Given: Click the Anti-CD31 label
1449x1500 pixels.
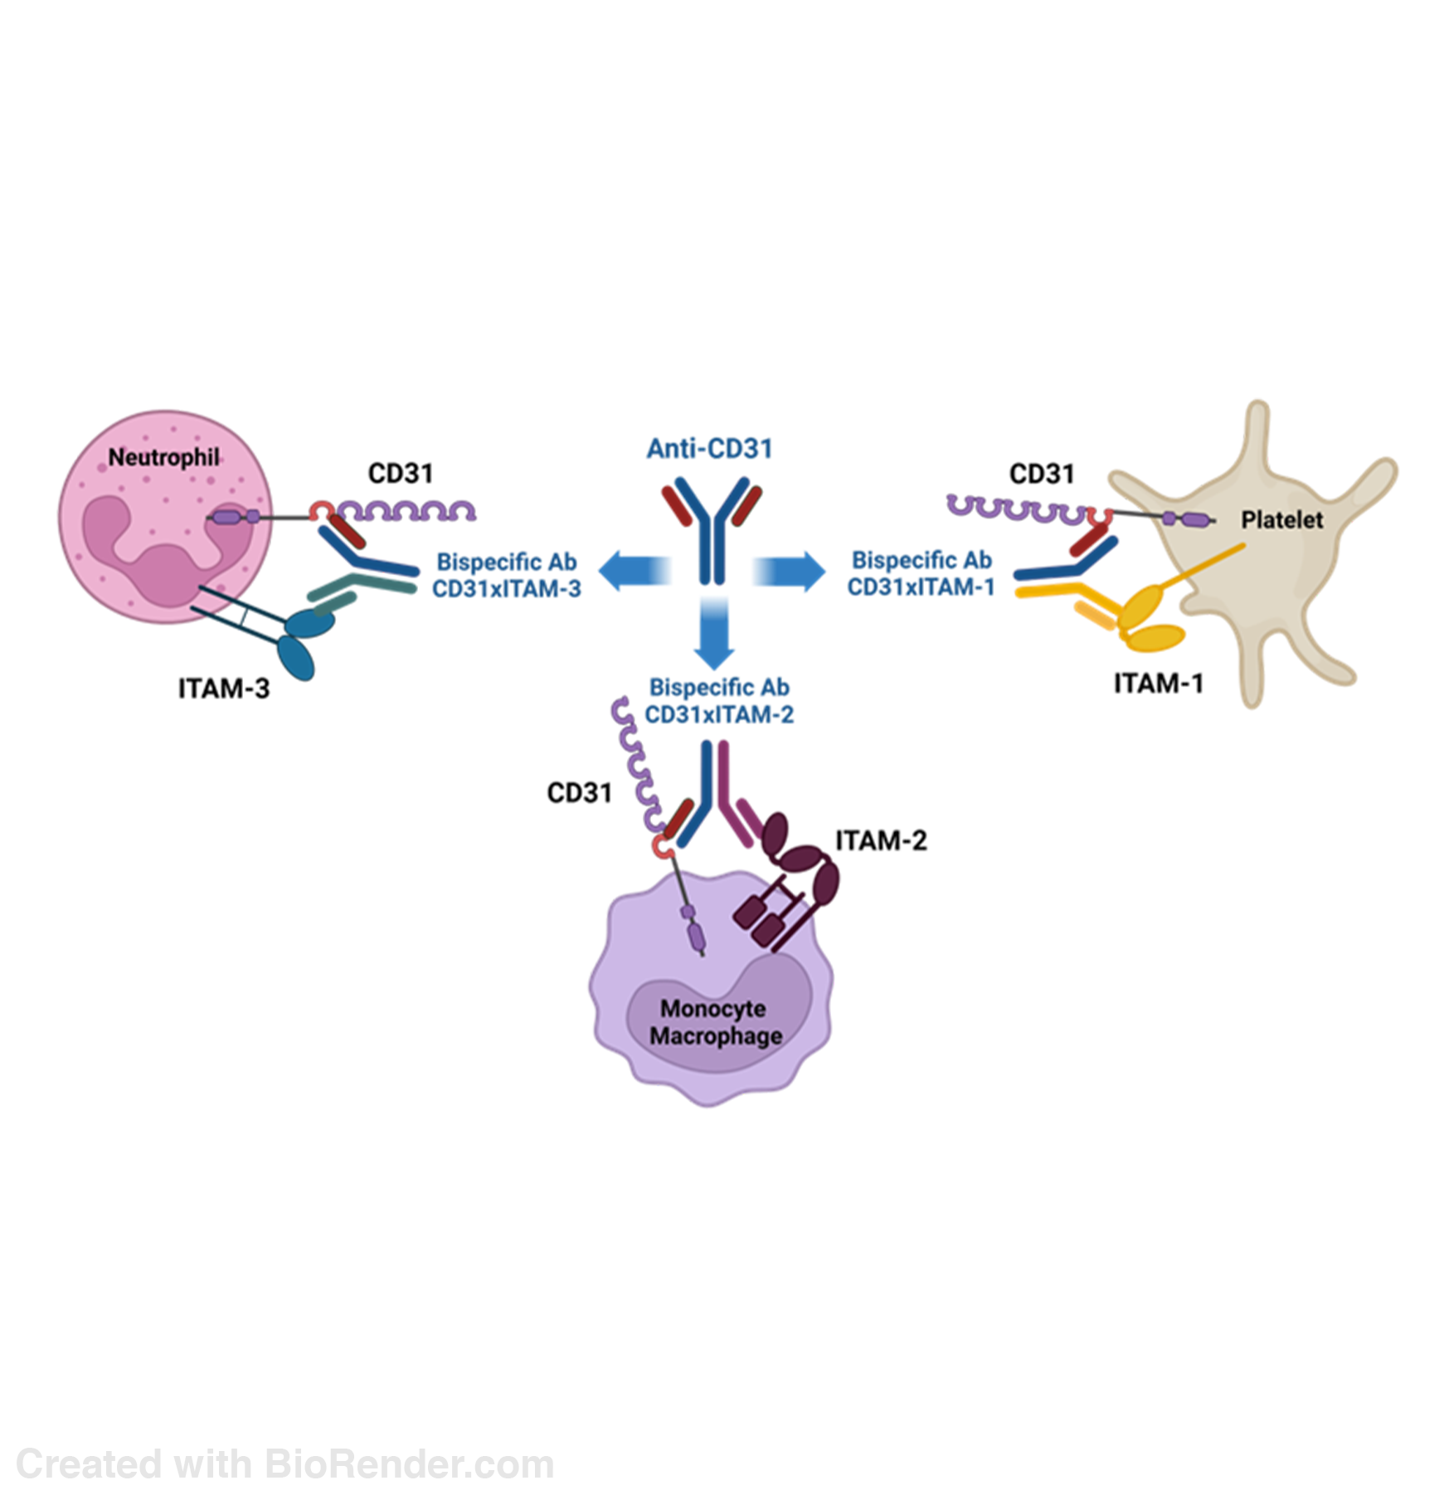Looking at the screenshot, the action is click(709, 449).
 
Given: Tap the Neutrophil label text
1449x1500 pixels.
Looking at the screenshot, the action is click(164, 457).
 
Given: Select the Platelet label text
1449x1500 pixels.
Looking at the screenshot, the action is click(1281, 520).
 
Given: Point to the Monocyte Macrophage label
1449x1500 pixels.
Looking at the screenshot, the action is click(715, 1022).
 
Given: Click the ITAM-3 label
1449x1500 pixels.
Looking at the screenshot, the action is click(224, 689).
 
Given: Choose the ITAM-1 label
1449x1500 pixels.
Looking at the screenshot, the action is click(1158, 684).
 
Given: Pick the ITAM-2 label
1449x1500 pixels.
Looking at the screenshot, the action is click(881, 840).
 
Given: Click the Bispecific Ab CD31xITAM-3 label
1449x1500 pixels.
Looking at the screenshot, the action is click(507, 575).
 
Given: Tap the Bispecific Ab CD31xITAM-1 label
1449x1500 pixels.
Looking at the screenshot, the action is click(921, 573).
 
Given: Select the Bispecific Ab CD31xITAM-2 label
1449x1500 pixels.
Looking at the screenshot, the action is click(719, 700).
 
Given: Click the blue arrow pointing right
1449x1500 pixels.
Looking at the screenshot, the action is click(789, 571).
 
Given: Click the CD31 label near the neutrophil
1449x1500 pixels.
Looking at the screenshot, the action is click(401, 474).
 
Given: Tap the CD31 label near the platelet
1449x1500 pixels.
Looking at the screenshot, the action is click(1042, 474).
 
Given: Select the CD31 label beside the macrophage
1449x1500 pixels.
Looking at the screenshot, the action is click(580, 793).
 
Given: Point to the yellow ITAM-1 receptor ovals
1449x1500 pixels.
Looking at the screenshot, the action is click(1151, 621).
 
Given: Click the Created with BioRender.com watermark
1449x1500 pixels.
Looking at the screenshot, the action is click(284, 1463).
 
